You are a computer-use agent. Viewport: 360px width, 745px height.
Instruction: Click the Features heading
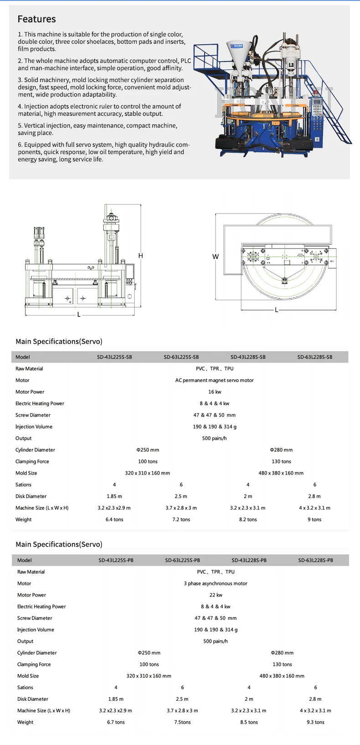(x=36, y=19)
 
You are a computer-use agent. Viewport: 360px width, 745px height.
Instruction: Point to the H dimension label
(x=141, y=256)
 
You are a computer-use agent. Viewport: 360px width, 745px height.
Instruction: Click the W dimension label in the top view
(x=216, y=257)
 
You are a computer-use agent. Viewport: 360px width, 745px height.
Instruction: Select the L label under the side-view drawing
(x=79, y=315)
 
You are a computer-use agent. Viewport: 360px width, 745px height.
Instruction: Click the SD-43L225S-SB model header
(x=114, y=357)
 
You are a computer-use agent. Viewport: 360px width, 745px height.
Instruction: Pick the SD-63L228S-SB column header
(x=315, y=357)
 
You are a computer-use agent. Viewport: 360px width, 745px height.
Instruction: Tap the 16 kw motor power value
(x=215, y=392)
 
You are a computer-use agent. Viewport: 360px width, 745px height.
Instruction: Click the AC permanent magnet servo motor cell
(x=215, y=380)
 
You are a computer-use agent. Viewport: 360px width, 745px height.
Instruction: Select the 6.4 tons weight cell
(x=114, y=519)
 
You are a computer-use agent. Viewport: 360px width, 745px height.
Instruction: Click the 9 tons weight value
(x=314, y=519)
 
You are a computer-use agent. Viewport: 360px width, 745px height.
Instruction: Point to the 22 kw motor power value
(x=216, y=595)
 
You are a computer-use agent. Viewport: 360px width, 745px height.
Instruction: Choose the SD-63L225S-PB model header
(x=182, y=560)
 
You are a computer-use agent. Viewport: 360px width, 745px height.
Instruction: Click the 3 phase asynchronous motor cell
(x=216, y=584)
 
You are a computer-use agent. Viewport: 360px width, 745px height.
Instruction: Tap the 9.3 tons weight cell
(x=315, y=722)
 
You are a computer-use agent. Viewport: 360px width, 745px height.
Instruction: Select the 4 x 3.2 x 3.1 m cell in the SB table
(x=315, y=508)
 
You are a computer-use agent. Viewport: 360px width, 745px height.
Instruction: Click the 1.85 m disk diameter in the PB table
(x=116, y=699)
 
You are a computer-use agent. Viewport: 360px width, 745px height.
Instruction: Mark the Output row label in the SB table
(x=24, y=438)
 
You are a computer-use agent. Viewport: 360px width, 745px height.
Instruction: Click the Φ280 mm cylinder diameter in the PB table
(x=282, y=653)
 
